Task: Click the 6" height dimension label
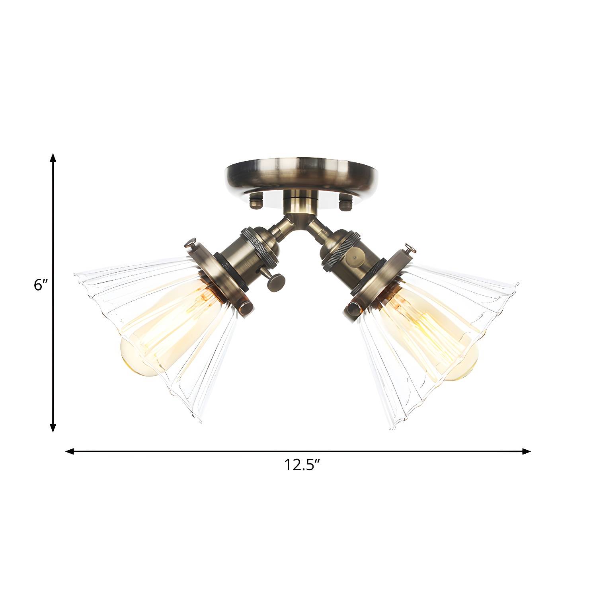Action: click(x=41, y=285)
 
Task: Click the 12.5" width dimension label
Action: click(x=302, y=464)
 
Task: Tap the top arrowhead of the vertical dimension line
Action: click(x=53, y=158)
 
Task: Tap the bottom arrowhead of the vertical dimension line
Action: click(x=53, y=427)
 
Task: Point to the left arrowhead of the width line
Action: click(x=70, y=451)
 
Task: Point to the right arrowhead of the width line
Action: click(x=526, y=451)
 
